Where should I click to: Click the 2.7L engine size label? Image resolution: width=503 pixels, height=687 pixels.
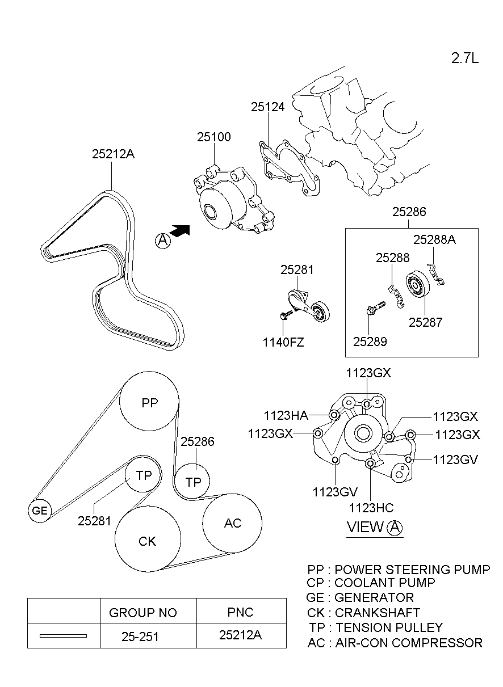click(x=465, y=58)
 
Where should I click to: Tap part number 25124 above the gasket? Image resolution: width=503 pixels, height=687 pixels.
click(x=267, y=107)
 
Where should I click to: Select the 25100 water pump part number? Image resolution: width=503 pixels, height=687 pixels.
click(x=214, y=137)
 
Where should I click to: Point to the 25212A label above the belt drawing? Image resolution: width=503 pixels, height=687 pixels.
click(x=113, y=154)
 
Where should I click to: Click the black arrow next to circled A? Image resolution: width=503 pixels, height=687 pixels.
click(x=179, y=231)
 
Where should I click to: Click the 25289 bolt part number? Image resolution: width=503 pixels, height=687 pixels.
click(x=370, y=342)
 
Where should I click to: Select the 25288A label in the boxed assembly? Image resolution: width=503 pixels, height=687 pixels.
click(x=434, y=239)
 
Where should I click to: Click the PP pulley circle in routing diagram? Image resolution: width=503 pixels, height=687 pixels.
click(x=149, y=403)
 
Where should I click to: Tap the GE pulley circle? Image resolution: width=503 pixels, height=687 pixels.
click(x=39, y=511)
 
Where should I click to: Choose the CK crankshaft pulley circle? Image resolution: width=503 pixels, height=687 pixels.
click(x=148, y=541)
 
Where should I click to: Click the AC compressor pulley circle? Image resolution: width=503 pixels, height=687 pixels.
click(x=233, y=523)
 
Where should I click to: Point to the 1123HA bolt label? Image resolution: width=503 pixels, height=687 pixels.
click(x=286, y=415)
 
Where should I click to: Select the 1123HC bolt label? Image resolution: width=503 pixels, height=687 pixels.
click(x=371, y=508)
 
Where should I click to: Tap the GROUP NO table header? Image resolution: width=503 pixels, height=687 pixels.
click(x=142, y=613)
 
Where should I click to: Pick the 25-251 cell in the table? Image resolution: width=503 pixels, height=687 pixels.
click(x=140, y=637)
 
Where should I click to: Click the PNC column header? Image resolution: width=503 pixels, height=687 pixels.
click(x=240, y=612)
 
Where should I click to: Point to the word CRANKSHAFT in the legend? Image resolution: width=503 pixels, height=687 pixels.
click(x=378, y=613)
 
